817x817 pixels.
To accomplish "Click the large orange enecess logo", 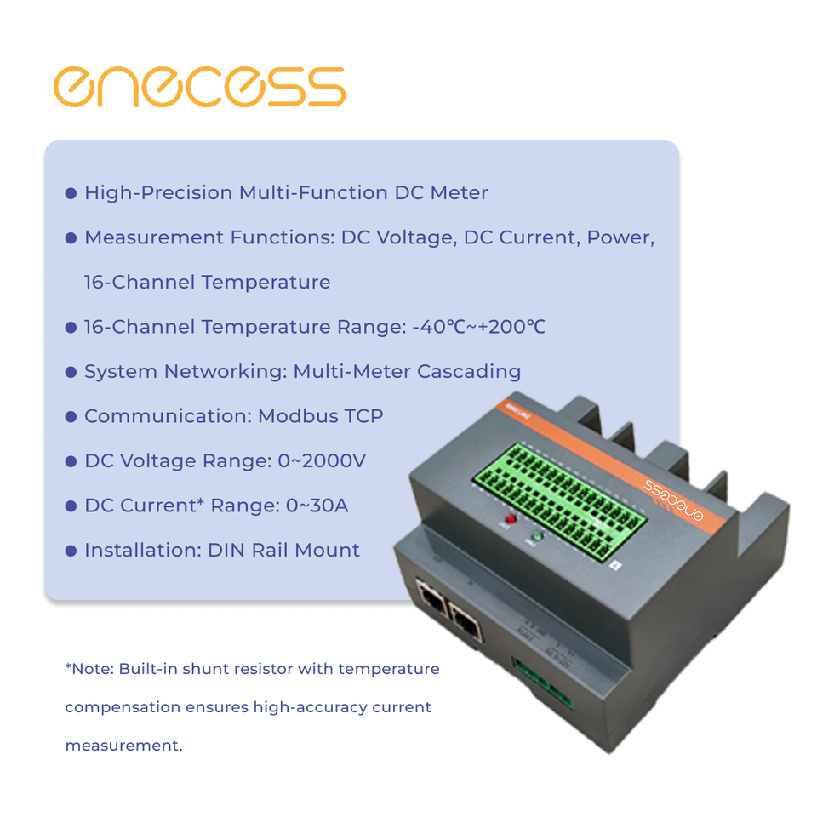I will pos(199,87).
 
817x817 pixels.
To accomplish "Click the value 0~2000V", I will pos(322,460).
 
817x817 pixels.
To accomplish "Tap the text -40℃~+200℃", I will pos(478,327).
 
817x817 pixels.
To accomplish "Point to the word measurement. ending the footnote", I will pos(123,746).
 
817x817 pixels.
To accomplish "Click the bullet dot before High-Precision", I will pos(71,194).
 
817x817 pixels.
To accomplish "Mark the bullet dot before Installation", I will pos(71,551).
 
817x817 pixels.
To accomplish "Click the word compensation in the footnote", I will pos(123,707).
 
